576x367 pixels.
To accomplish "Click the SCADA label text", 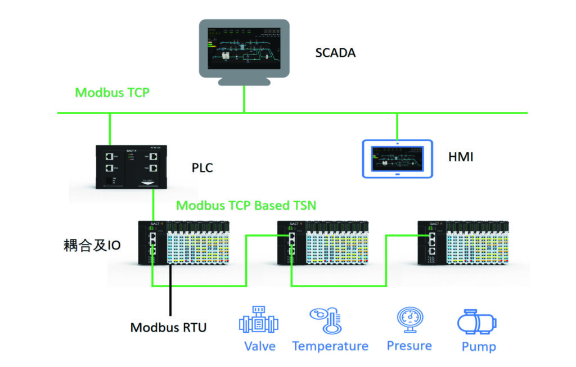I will (335, 53).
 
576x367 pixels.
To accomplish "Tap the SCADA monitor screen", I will (244, 48).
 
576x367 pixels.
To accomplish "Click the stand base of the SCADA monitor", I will (244, 81).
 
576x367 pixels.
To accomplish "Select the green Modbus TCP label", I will (112, 92).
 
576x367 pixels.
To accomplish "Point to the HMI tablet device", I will (397, 158).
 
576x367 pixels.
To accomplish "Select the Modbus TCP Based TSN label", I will (246, 205).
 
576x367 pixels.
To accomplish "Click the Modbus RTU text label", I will (168, 327).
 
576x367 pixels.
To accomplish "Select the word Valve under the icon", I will (260, 346).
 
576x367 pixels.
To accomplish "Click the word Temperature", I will (330, 346).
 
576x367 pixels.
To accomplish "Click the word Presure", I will (409, 345).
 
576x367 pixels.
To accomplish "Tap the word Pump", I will (479, 346).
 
